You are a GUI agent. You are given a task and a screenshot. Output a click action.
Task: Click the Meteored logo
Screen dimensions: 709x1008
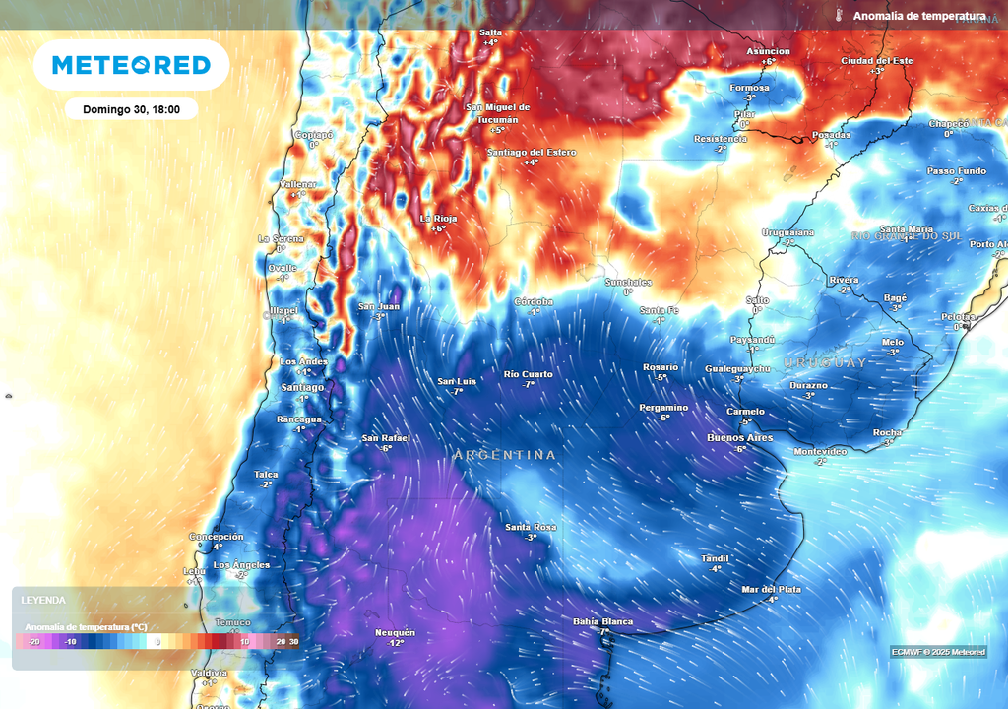[x=131, y=65]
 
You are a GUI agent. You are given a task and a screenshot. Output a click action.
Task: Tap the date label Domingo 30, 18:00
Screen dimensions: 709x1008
[x=132, y=109]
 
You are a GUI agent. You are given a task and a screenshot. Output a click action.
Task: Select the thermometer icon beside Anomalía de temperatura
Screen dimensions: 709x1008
[x=840, y=16]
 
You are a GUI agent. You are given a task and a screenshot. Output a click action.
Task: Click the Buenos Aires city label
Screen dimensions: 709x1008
[x=739, y=437]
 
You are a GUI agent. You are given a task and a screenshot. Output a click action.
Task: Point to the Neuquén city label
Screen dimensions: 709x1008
[x=395, y=632]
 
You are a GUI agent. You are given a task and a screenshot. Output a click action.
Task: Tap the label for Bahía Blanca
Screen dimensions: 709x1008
[x=602, y=621]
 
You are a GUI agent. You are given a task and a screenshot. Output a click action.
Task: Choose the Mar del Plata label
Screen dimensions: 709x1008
[x=771, y=589]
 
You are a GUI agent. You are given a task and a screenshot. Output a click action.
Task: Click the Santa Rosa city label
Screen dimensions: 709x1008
[x=531, y=527]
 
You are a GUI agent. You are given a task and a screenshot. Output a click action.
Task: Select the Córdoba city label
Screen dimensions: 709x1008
[x=534, y=301]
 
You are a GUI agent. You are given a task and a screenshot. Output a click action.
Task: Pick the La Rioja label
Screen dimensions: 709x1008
[x=439, y=218]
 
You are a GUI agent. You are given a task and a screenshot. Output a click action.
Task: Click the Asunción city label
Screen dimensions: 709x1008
[x=768, y=51]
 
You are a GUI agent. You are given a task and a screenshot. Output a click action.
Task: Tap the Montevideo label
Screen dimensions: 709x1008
[x=820, y=451]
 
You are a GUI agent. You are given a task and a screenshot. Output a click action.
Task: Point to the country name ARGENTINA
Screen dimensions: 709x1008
[x=505, y=455]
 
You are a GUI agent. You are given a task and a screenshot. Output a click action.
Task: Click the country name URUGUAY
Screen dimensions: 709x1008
[x=825, y=363]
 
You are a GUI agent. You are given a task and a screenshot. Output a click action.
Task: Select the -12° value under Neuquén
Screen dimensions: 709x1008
[x=395, y=643]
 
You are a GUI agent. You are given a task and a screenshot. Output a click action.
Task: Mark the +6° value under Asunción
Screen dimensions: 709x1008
[x=768, y=61]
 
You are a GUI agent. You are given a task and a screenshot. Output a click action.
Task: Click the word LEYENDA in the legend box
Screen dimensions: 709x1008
[x=44, y=599]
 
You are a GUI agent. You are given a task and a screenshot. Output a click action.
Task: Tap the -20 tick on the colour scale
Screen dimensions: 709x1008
[x=34, y=641]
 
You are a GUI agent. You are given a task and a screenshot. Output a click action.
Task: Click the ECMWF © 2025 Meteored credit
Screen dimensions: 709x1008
[x=938, y=652]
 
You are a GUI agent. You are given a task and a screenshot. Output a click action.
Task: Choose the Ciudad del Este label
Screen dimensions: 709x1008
[x=876, y=61]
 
